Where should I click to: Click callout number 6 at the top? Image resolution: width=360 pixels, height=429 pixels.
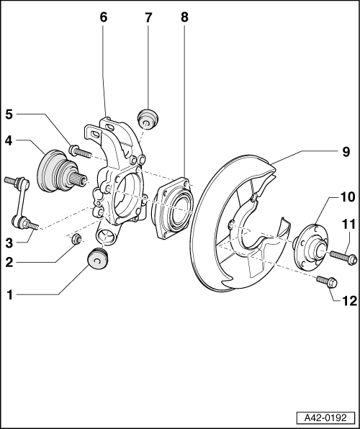104,17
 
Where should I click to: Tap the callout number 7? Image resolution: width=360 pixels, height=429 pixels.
148,18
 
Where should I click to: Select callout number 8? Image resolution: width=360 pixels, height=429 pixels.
184,17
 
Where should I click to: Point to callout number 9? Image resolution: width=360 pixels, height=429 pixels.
346,152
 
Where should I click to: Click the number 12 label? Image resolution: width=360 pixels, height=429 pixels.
350,301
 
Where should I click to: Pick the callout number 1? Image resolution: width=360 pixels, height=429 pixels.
10,295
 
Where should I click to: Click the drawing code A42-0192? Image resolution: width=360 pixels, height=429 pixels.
325,417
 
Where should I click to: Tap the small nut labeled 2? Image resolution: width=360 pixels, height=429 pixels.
76,239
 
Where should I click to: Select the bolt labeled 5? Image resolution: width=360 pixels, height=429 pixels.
80,151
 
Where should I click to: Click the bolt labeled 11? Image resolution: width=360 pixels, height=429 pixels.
343,257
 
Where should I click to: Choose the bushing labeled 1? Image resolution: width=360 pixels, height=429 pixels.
98,259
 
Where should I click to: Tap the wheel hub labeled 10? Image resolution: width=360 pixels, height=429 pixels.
310,248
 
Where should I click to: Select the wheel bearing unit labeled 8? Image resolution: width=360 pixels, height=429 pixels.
173,209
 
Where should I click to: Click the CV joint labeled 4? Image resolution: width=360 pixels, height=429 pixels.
59,172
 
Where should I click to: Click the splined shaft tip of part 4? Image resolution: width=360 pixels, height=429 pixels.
80,179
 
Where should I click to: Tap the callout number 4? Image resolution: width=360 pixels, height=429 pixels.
9,141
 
